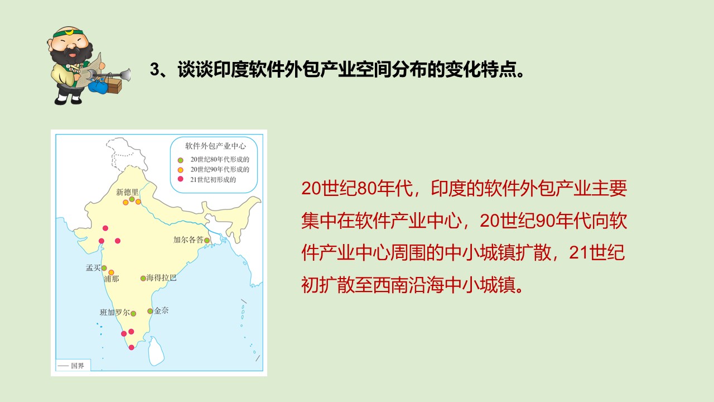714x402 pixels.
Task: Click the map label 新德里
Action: [127, 192]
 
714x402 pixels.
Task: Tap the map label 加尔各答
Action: [189, 240]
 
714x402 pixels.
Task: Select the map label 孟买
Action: [93, 267]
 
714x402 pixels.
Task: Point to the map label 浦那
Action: [112, 279]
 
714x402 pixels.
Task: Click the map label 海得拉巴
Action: [161, 277]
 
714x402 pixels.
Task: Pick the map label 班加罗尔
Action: [115, 312]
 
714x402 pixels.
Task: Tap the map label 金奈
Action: [161, 310]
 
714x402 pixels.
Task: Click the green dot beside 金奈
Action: [150, 311]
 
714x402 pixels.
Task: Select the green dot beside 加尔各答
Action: [207, 240]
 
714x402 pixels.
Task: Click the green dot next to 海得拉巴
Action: [143, 278]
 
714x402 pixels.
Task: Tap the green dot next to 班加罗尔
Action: [133, 314]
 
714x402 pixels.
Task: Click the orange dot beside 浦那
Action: [111, 272]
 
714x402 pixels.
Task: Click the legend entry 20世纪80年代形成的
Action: [214, 160]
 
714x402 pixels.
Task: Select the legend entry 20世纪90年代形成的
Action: [214, 169]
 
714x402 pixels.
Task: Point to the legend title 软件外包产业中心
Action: [216, 146]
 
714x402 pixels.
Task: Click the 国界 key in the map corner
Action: [73, 366]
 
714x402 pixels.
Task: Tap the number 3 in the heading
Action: [155, 69]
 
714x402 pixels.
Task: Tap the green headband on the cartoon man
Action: [68, 33]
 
